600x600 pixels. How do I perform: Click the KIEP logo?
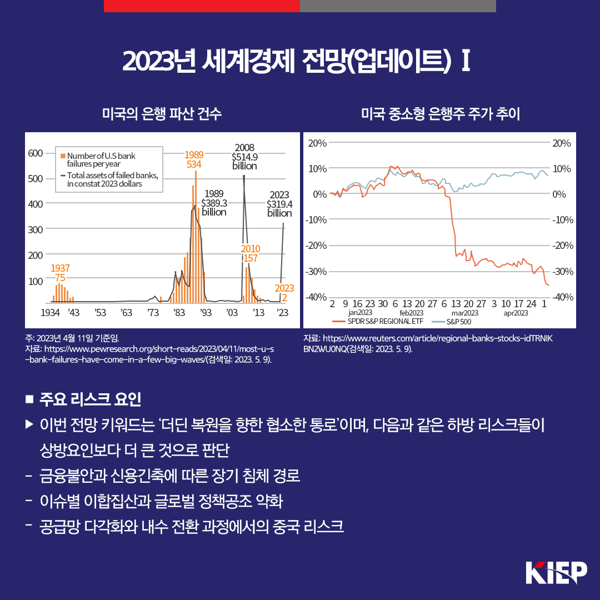(556, 572)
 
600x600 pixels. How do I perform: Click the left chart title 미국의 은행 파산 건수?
(162, 114)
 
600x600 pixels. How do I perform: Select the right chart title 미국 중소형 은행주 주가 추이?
(440, 114)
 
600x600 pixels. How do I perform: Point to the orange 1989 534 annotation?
(194, 159)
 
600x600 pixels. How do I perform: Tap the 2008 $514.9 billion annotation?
(244, 157)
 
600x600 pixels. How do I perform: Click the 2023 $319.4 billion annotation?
(279, 204)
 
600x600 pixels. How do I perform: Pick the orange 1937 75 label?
(60, 273)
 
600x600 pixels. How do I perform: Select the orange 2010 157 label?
(250, 253)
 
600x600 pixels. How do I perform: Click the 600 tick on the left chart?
(36, 153)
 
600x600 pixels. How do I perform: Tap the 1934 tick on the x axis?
(50, 313)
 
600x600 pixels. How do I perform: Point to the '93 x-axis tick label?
(206, 313)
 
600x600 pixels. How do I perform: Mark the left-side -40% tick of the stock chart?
(317, 297)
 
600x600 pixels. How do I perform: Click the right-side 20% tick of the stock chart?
(562, 143)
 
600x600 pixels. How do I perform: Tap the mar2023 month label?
(461, 313)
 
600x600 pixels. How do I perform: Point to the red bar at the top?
(202, 6)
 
